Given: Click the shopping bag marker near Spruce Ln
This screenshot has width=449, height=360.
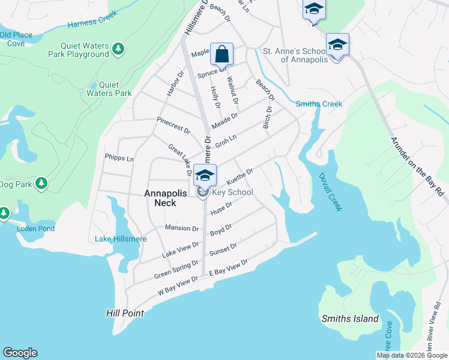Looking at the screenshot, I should tap(221, 55).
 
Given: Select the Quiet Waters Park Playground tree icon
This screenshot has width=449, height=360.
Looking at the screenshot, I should tap(119, 48).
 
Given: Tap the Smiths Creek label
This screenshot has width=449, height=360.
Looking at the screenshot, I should tap(319, 104).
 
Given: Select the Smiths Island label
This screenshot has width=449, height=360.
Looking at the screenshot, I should tap(350, 319).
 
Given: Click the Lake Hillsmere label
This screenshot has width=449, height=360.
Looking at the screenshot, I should tap(120, 239).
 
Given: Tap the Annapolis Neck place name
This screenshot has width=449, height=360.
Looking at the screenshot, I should tap(160, 198).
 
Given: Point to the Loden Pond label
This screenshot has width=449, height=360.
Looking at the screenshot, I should tap(36, 229).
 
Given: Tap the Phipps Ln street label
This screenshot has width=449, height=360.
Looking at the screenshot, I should tap(119, 158).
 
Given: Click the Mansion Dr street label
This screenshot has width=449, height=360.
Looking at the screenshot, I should tap(181, 228).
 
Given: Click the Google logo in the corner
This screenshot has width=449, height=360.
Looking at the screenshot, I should tap(20, 353).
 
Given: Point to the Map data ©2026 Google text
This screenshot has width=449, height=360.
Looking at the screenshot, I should tap(411, 355).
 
